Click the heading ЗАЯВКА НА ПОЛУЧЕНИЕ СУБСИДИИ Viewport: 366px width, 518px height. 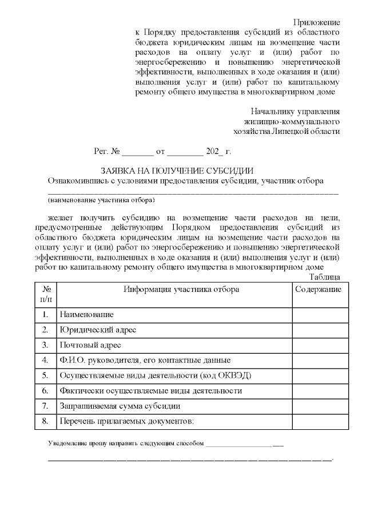tap(177, 171)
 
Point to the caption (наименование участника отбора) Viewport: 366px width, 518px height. tap(101, 200)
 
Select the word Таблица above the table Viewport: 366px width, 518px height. tap(324, 277)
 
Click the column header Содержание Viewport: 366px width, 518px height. tap(318, 290)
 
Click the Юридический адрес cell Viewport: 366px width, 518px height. tap(97, 330)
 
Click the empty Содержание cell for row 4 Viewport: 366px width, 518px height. tap(318, 361)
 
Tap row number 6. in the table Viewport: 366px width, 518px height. tap(45, 391)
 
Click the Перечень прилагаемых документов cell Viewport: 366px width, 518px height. tap(127, 421)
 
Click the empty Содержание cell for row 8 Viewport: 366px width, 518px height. tap(318, 421)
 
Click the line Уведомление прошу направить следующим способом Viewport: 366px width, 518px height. tap(125, 444)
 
